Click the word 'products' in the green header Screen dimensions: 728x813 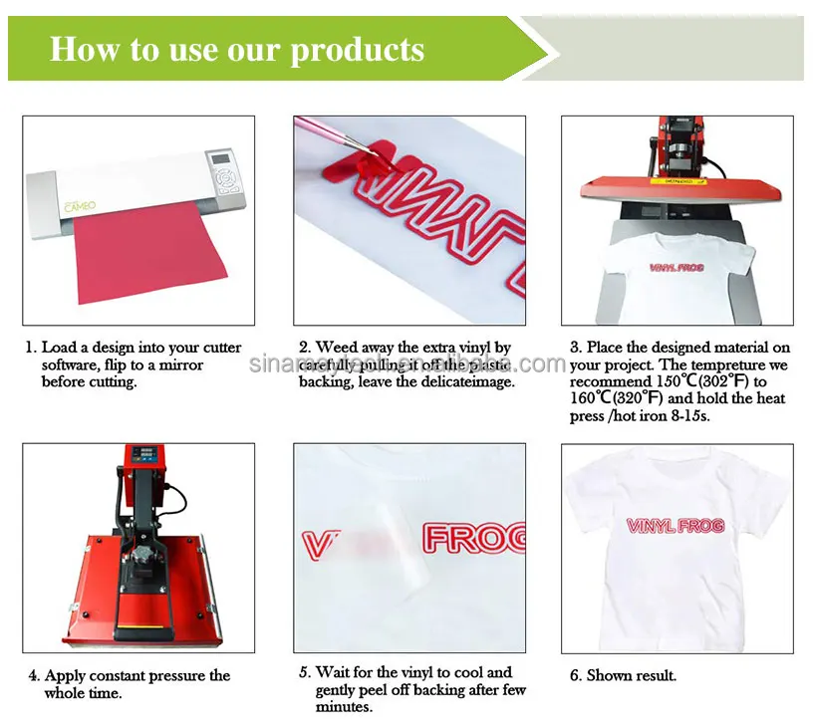point(358,49)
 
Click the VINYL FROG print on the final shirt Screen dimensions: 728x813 point(676,527)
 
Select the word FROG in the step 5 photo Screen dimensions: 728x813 point(476,539)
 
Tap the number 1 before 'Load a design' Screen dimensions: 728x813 point(32,348)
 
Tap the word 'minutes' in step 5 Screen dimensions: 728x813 point(344,707)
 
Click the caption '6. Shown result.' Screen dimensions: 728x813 point(624,675)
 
